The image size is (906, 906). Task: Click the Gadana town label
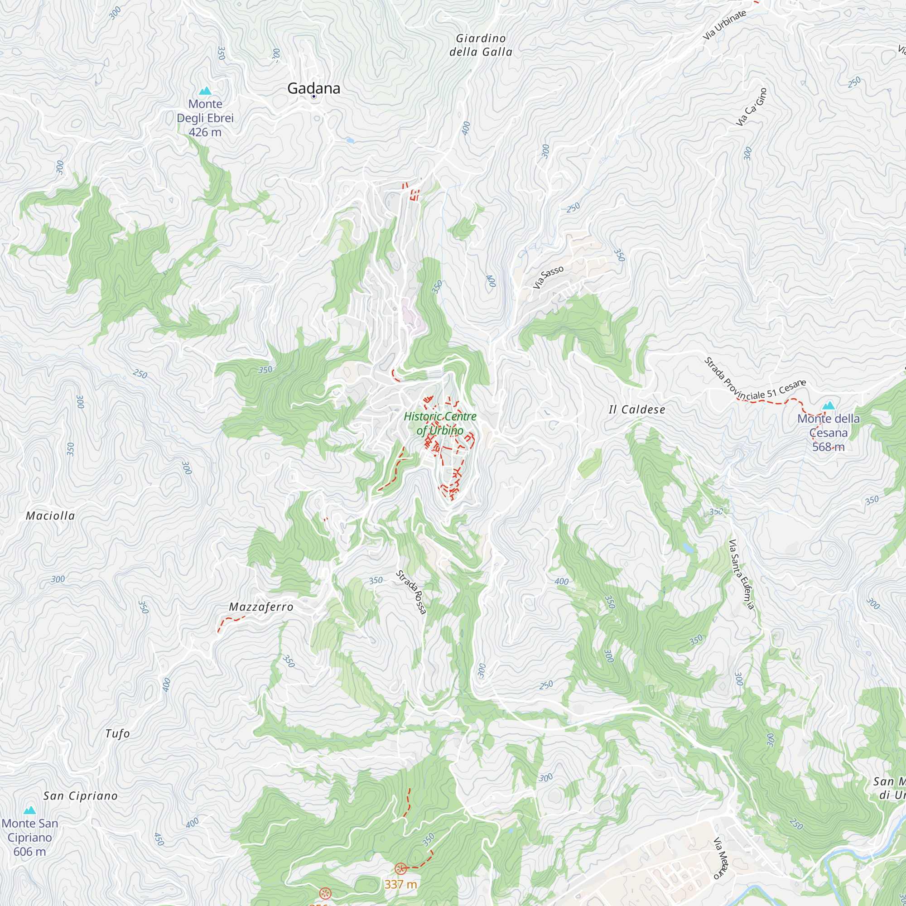pyautogui.click(x=313, y=88)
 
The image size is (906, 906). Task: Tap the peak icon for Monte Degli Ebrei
pyautogui.click(x=205, y=91)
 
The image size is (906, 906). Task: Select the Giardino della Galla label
pyautogui.click(x=481, y=45)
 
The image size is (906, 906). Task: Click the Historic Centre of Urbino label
pyautogui.click(x=440, y=423)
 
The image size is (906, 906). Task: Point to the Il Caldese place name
pyautogui.click(x=637, y=410)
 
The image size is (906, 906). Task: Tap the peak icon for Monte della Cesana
pyautogui.click(x=828, y=405)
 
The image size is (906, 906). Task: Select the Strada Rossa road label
pyautogui.click(x=411, y=592)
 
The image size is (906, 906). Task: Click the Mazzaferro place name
pyautogui.click(x=261, y=607)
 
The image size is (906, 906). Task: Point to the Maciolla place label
pyautogui.click(x=50, y=516)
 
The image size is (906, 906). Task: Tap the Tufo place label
pyautogui.click(x=117, y=733)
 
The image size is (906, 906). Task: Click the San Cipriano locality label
pyautogui.click(x=80, y=796)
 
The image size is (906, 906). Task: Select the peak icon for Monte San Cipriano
pyautogui.click(x=29, y=810)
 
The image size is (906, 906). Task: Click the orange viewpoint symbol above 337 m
pyautogui.click(x=400, y=868)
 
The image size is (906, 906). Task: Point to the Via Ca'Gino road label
pyautogui.click(x=751, y=107)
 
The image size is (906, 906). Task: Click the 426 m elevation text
pyautogui.click(x=205, y=132)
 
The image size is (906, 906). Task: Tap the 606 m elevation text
pyautogui.click(x=29, y=852)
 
